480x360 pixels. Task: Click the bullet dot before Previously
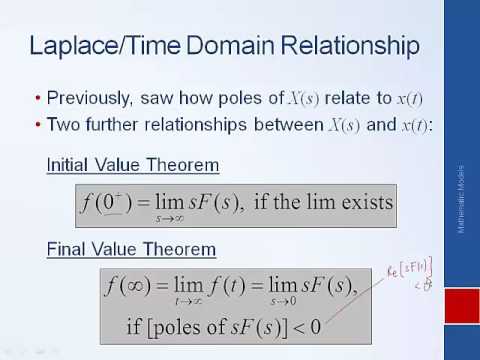tap(37, 99)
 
